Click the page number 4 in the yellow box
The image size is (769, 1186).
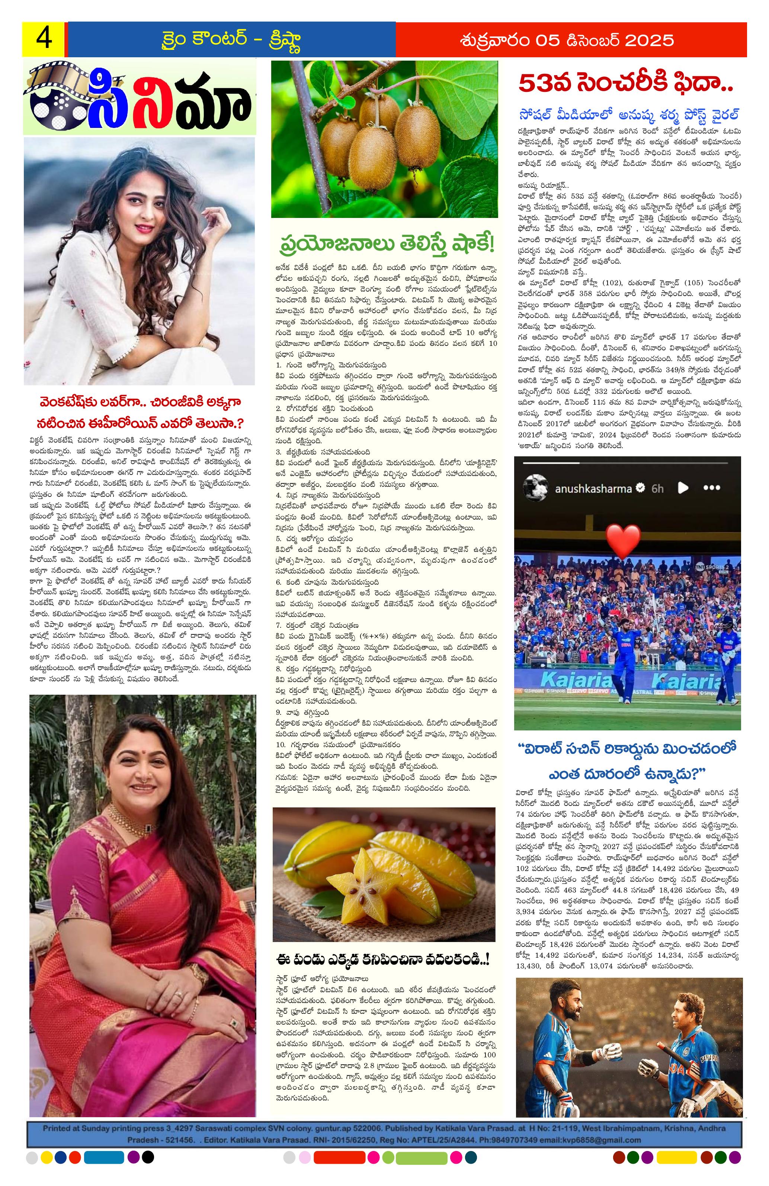(x=43, y=39)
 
